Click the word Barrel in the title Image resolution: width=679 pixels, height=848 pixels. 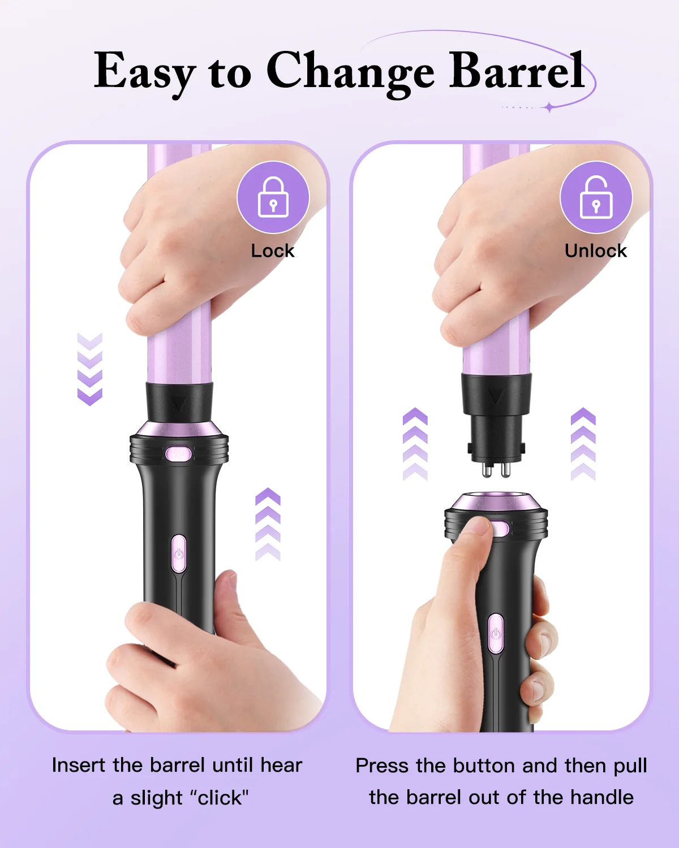(517, 71)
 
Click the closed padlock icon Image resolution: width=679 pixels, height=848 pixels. (273, 197)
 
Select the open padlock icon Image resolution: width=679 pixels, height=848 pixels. (596, 197)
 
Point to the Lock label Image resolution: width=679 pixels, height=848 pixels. (272, 250)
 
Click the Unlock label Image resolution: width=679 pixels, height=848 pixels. (595, 250)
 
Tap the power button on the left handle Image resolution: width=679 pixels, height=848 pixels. (179, 553)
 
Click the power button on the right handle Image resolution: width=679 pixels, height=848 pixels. (496, 633)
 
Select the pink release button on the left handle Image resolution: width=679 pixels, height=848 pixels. (178, 454)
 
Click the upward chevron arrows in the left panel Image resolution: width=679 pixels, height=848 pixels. (268, 524)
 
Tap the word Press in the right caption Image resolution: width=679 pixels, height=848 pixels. (382, 765)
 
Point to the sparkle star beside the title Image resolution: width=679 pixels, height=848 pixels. (549, 107)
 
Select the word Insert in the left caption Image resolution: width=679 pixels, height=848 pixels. (79, 765)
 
